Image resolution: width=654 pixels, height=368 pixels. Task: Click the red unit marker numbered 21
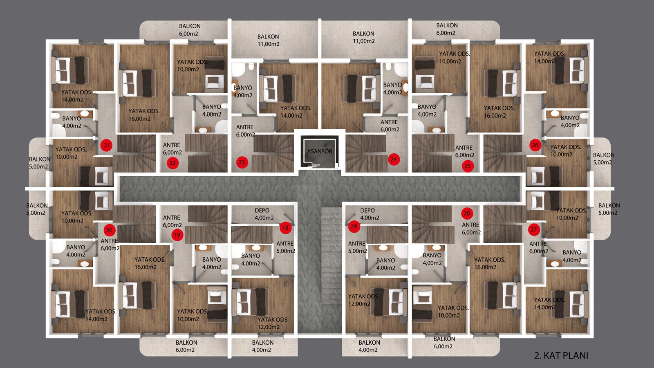click(107, 145)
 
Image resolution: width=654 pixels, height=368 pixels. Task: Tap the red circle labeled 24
click(394, 159)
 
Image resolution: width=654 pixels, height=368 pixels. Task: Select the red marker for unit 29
click(354, 227)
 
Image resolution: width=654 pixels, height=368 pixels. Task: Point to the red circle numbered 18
click(285, 228)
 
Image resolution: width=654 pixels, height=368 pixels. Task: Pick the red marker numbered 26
click(535, 145)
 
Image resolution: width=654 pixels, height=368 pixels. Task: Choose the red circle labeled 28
click(467, 213)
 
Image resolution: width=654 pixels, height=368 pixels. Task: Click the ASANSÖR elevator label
click(319, 151)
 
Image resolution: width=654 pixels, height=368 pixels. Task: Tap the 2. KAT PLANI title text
click(561, 355)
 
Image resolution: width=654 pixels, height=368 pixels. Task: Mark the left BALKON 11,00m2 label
click(268, 40)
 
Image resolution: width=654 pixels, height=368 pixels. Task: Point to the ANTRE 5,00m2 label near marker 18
click(286, 247)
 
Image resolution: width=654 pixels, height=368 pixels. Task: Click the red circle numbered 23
click(242, 162)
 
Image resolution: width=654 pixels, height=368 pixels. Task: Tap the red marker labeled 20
click(109, 230)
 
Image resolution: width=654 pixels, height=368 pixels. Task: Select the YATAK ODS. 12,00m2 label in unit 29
click(363, 300)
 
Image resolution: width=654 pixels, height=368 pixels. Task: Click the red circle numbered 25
click(468, 166)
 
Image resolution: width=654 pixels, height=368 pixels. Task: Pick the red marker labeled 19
click(177, 235)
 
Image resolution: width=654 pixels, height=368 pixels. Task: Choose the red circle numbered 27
click(533, 229)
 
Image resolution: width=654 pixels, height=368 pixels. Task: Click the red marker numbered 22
click(172, 163)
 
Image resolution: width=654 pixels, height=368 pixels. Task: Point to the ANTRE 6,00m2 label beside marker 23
click(245, 131)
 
